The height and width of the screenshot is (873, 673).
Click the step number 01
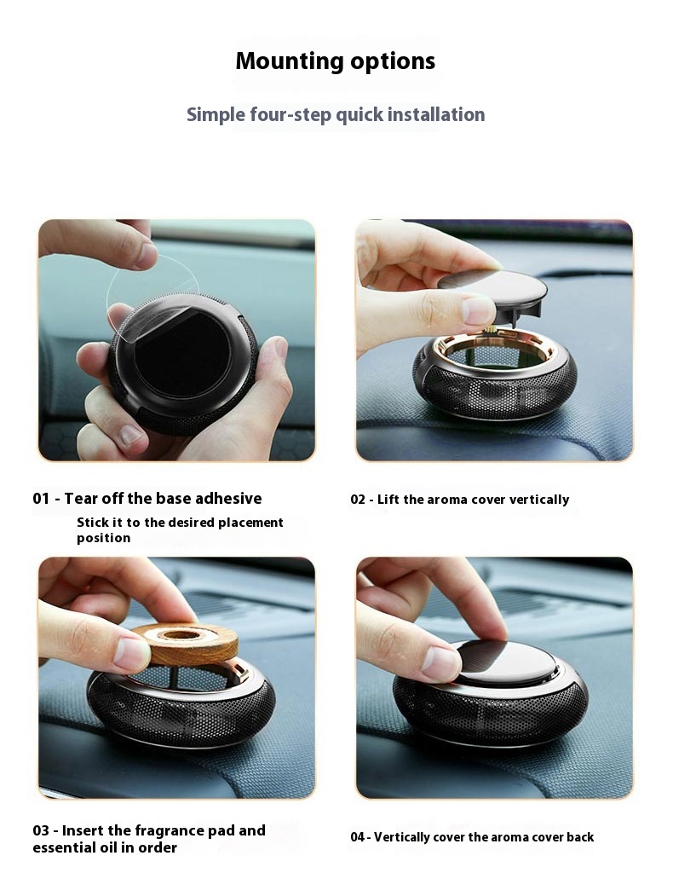point(41,498)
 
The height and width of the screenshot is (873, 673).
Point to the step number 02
point(358,500)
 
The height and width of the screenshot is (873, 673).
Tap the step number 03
point(41,830)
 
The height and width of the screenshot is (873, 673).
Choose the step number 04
point(358,837)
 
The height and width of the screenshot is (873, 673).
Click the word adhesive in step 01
point(230,498)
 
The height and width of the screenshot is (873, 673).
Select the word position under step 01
point(103,539)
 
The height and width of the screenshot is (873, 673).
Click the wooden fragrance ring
point(186,644)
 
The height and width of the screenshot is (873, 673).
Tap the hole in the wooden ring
point(181,634)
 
